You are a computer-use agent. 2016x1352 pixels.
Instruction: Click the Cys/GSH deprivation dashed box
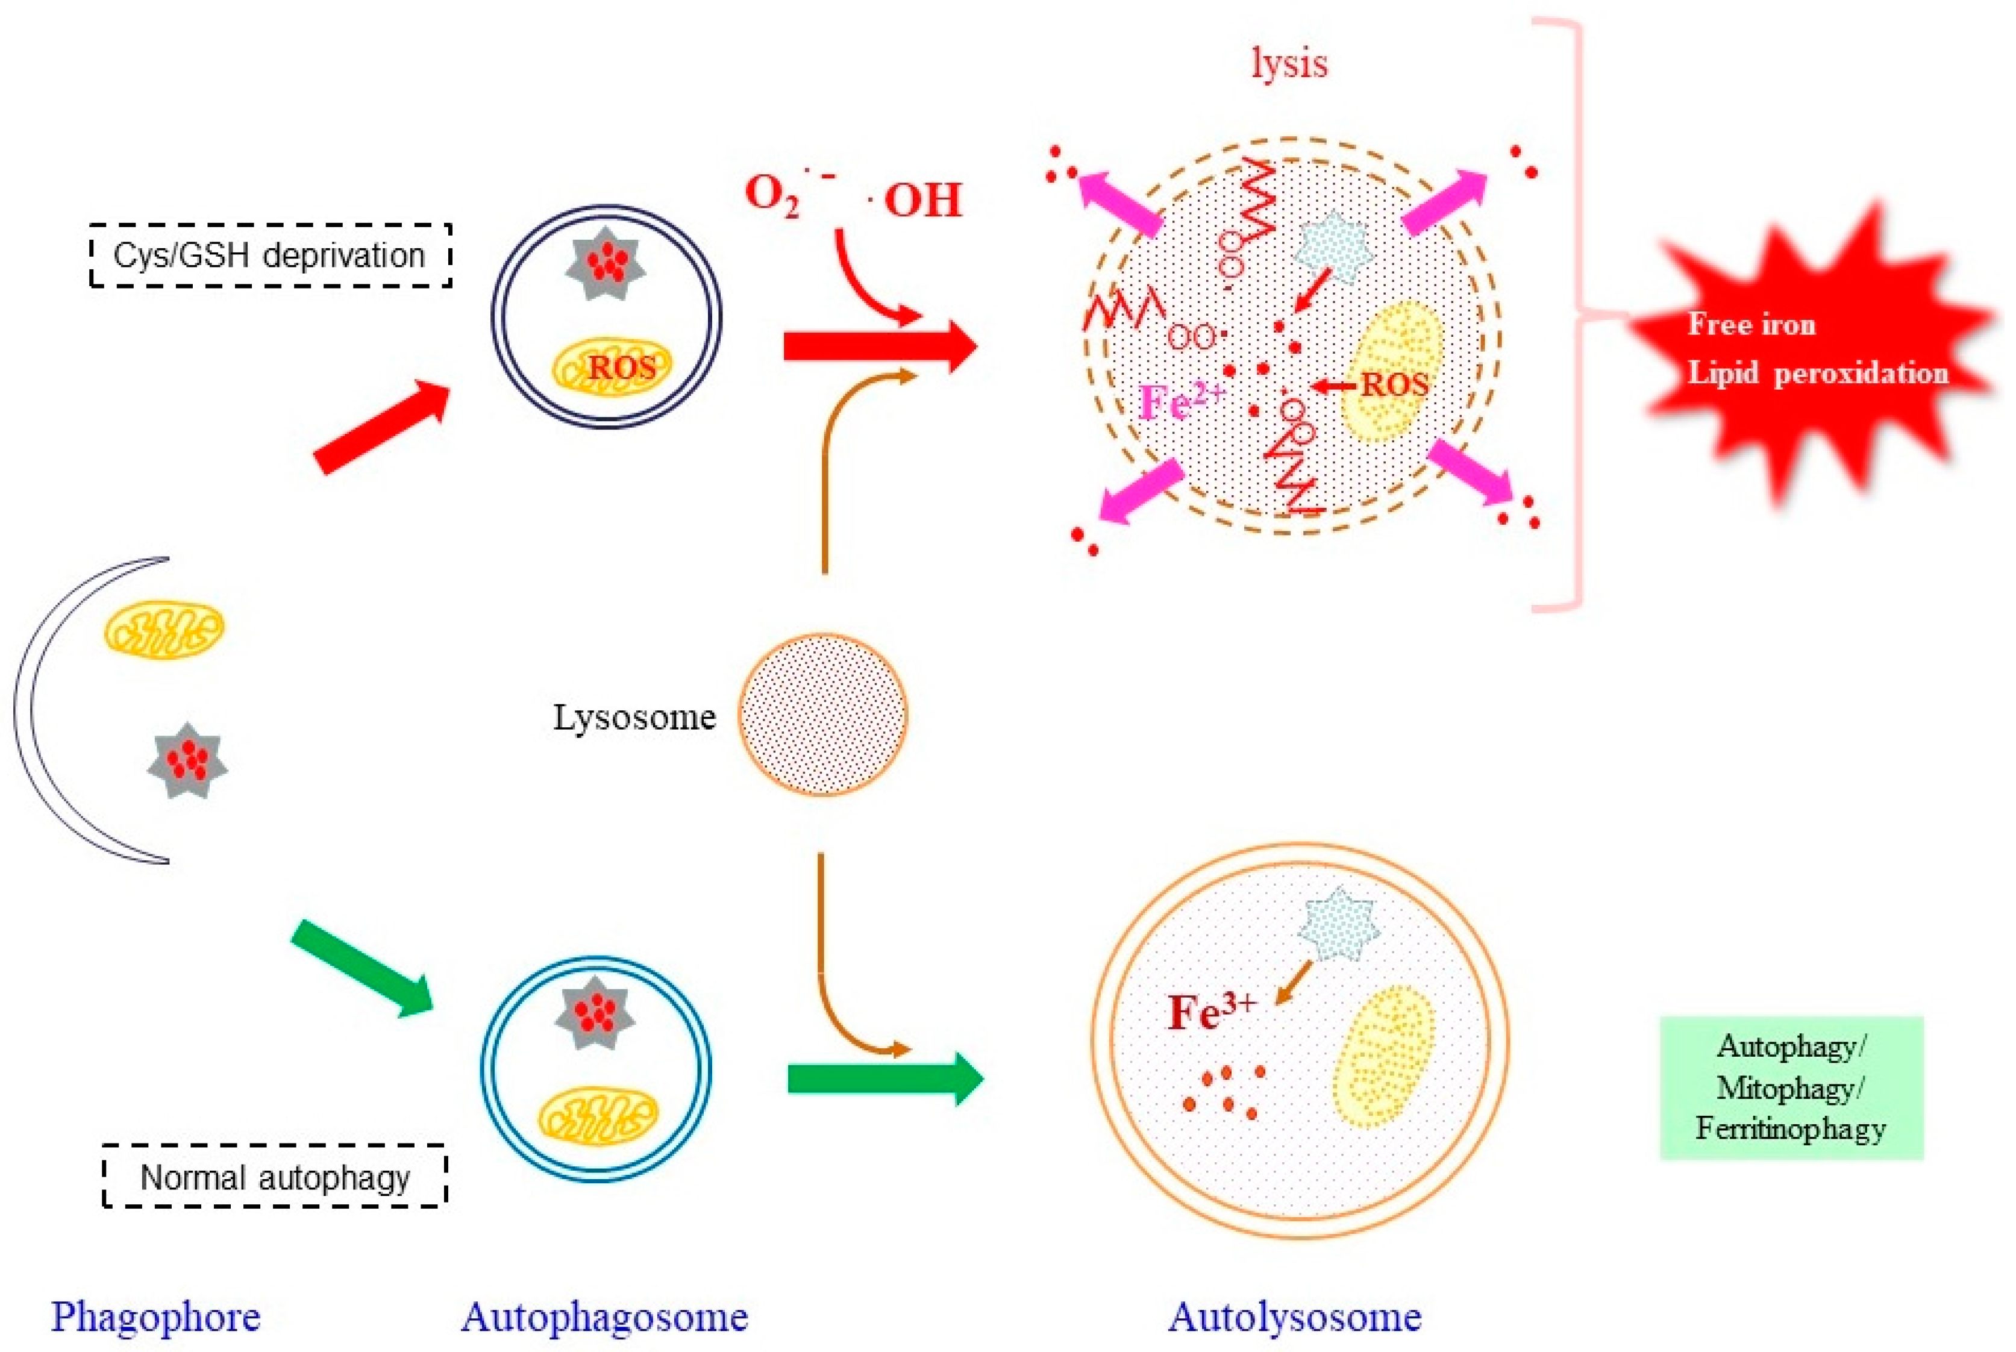(270, 255)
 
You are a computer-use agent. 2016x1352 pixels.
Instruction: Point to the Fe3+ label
(1210, 1012)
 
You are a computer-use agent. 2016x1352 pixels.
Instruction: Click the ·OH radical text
(916, 200)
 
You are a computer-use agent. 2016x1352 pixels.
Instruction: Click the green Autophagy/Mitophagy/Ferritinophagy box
(1791, 1088)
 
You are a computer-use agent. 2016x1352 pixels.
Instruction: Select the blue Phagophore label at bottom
(155, 1316)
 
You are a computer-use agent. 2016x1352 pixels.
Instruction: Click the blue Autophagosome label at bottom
(604, 1316)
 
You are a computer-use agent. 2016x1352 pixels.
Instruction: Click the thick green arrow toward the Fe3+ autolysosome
(884, 1078)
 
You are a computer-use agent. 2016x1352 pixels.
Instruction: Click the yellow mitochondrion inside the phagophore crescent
(164, 630)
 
